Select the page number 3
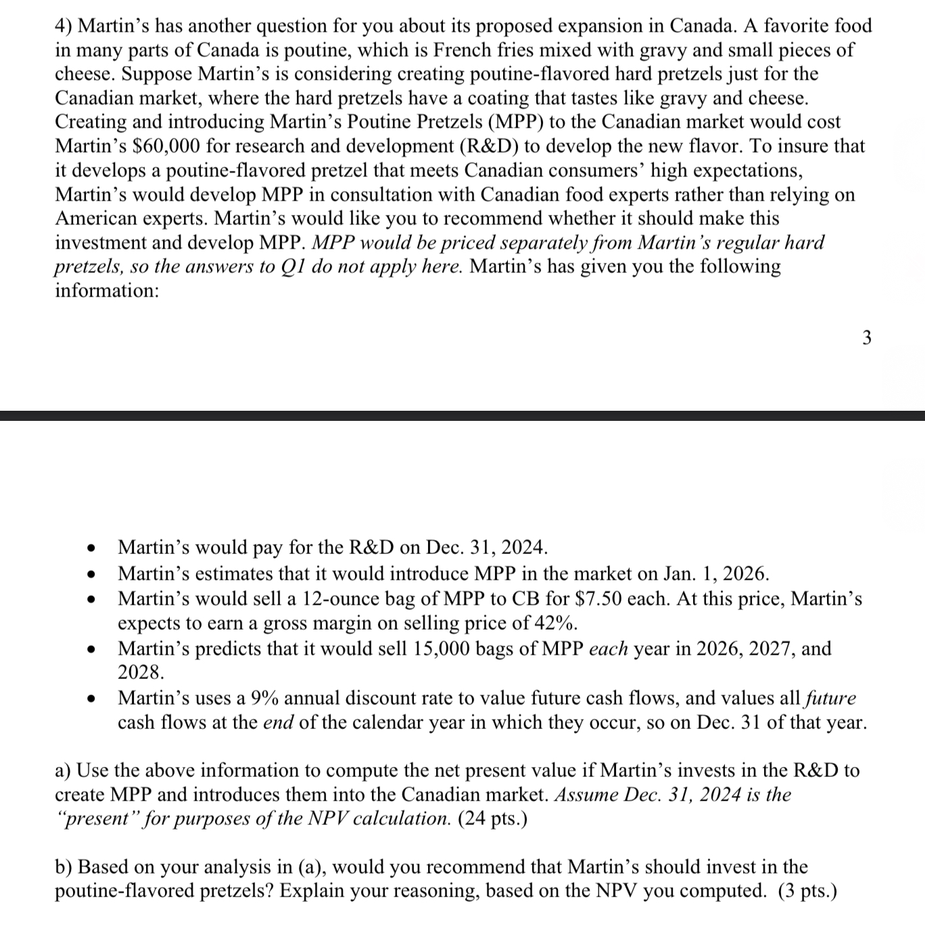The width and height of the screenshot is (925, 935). [868, 338]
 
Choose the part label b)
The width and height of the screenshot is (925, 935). [64, 867]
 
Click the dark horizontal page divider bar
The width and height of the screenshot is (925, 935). [462, 415]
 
